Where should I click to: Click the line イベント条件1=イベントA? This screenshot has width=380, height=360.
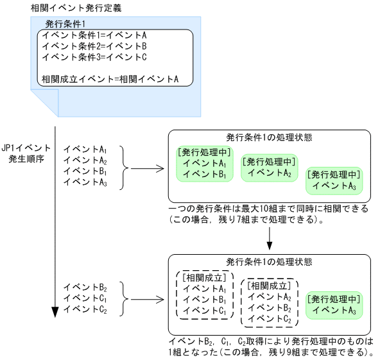94,35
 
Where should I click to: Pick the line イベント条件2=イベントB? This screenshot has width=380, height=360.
94,46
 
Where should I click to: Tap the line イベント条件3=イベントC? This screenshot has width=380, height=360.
94,57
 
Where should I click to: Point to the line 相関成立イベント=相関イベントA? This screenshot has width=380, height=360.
109,80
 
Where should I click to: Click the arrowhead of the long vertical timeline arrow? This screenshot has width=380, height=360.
55,312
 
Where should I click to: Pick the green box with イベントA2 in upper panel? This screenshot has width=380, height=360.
269,168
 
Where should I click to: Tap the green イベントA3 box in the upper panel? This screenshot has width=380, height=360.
334,180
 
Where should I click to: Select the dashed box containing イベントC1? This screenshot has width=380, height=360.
203,295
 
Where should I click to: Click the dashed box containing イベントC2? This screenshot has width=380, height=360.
269,302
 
